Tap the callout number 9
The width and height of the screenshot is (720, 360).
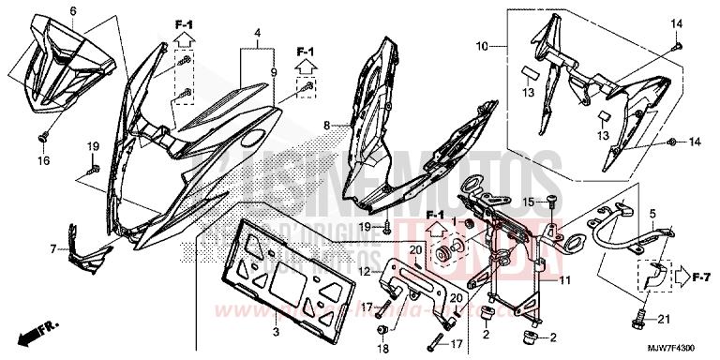(x=275, y=71)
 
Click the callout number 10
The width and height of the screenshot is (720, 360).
(x=482, y=45)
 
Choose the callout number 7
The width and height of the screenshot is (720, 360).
(x=53, y=249)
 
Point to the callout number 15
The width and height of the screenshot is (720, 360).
(x=528, y=201)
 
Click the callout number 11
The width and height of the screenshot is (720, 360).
(x=565, y=278)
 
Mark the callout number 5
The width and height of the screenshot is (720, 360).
(x=652, y=214)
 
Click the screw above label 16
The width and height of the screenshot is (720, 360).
(x=43, y=139)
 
